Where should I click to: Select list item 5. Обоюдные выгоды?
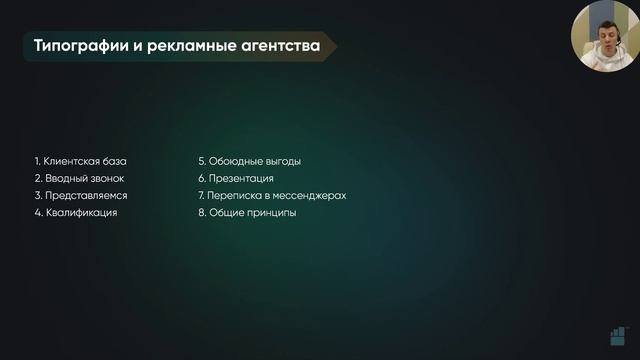pyautogui.click(x=249, y=161)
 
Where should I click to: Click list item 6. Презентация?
pyautogui.click(x=235, y=178)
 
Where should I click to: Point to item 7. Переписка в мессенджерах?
pyautogui.click(x=271, y=195)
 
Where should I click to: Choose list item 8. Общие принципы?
pyautogui.click(x=247, y=213)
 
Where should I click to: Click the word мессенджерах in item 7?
pyautogui.click(x=312, y=195)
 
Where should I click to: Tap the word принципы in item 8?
pyautogui.click(x=271, y=213)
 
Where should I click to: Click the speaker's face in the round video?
pyautogui.click(x=604, y=40)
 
